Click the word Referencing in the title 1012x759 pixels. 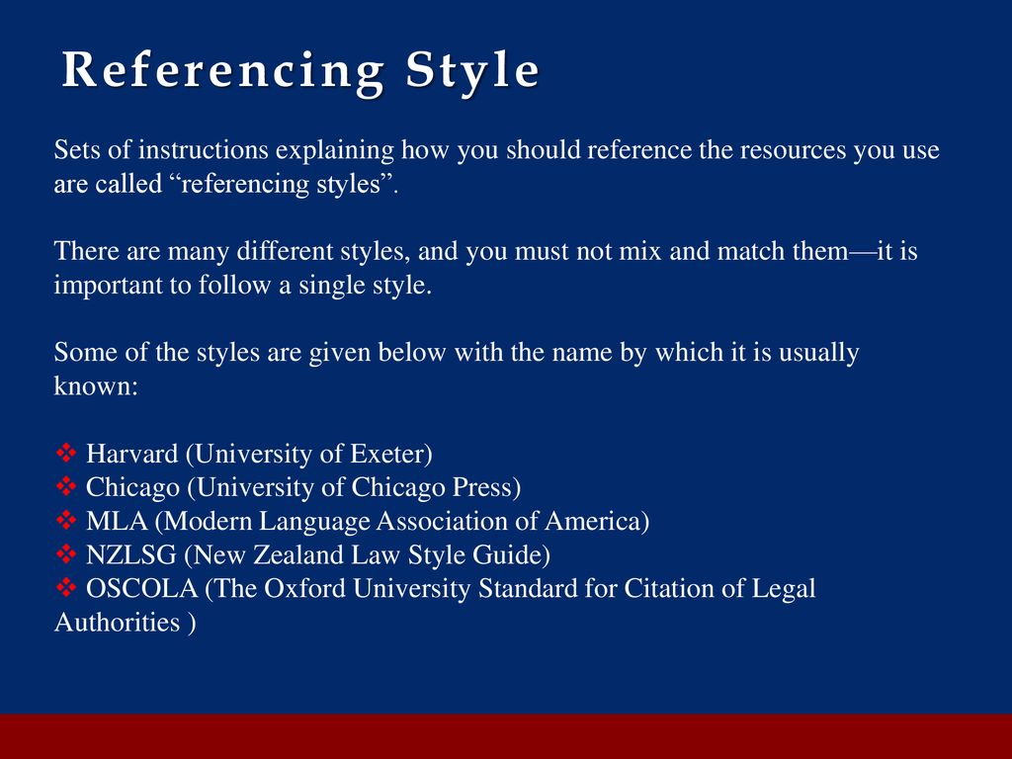pos(223,71)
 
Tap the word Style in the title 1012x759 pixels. pos(472,71)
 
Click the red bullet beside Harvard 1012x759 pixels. pos(66,453)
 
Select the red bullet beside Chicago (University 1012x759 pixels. pos(66,486)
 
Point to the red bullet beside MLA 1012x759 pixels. pos(66,520)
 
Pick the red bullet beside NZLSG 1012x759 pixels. pos(66,553)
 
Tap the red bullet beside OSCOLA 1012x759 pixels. pos(66,587)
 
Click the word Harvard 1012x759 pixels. pos(132,453)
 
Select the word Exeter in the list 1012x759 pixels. pos(387,453)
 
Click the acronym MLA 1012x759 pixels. pos(117,521)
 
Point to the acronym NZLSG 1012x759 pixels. pos(131,554)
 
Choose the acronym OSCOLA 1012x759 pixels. pos(142,588)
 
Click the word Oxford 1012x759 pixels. pos(304,588)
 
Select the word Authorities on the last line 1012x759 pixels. pos(117,623)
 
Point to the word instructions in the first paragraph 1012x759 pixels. pos(204,150)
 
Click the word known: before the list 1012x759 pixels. pos(96,386)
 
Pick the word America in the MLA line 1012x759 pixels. pos(593,521)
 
